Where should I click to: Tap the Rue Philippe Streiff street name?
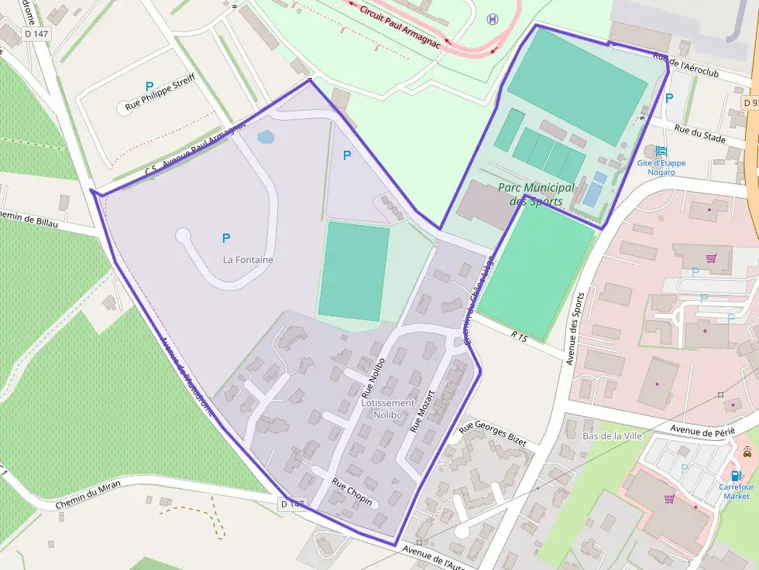click(x=160, y=94)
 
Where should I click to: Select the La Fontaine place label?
click(x=248, y=260)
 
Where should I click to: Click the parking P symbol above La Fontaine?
click(x=226, y=238)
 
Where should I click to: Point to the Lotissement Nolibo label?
click(x=388, y=409)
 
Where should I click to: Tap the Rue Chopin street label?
click(x=352, y=493)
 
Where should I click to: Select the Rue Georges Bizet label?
click(x=493, y=433)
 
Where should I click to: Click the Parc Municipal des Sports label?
click(x=536, y=194)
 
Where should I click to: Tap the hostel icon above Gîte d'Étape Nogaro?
click(x=660, y=151)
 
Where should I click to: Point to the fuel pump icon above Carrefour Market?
click(x=736, y=475)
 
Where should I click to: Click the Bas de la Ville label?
click(x=612, y=435)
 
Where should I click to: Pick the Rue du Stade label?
click(x=699, y=135)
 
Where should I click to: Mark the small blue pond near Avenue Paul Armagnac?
click(x=265, y=138)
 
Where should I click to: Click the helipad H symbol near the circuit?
click(x=493, y=19)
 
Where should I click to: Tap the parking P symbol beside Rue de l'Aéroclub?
click(x=669, y=97)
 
